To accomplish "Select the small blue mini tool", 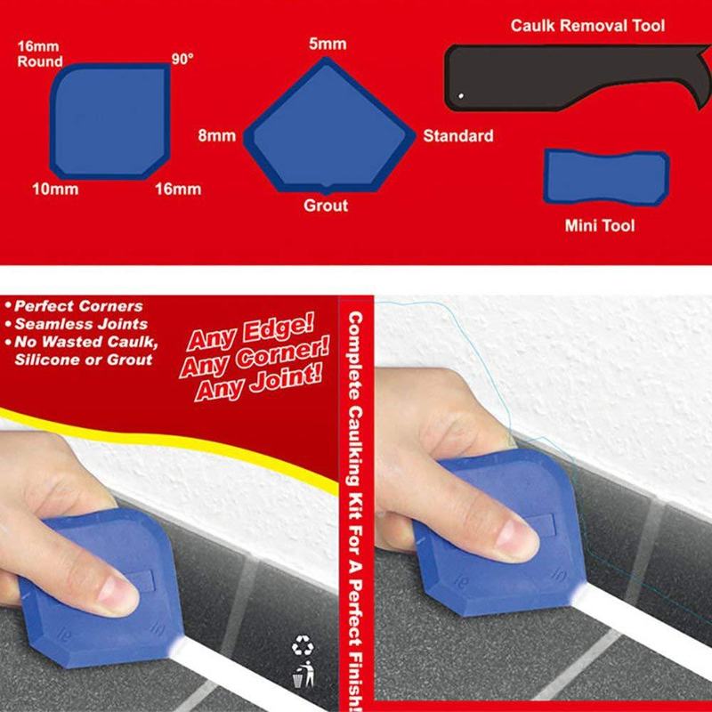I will pyautogui.click(x=605, y=177).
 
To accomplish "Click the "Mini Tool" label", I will pyautogui.click(x=600, y=226).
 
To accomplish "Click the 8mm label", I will pyautogui.click(x=217, y=136).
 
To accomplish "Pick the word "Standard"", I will pyautogui.click(x=457, y=136).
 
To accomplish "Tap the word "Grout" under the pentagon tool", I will pyautogui.click(x=326, y=206).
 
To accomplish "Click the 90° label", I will pyautogui.click(x=182, y=59).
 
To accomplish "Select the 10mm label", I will pyautogui.click(x=55, y=189).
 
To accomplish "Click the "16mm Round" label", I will pyautogui.click(x=40, y=54).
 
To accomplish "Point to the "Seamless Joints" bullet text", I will pyautogui.click(x=81, y=324).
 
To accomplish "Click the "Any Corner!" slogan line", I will pyautogui.click(x=254, y=360).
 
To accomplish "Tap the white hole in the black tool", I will pyautogui.click(x=460, y=96).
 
